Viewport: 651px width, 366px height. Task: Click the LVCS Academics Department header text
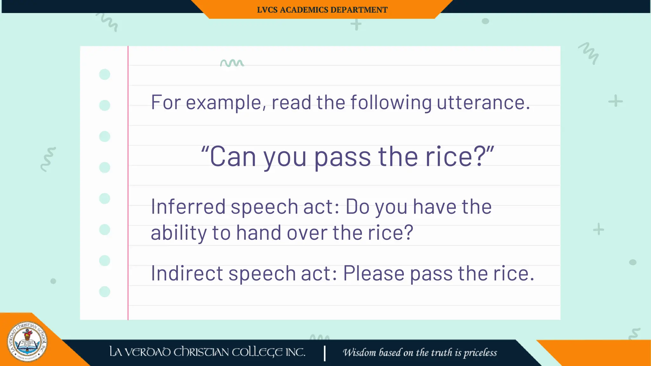(x=322, y=10)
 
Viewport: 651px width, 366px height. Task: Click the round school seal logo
(x=27, y=342)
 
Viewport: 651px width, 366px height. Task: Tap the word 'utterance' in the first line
(x=483, y=102)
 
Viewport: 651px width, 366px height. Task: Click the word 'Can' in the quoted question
(x=233, y=157)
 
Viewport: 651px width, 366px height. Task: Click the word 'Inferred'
(x=188, y=207)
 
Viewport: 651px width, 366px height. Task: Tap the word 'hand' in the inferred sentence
(x=259, y=232)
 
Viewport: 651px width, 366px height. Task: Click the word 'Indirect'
(x=187, y=273)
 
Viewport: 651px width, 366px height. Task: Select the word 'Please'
(x=374, y=274)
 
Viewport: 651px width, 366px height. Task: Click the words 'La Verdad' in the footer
(x=140, y=352)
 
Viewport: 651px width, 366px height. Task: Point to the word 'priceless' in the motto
(x=480, y=353)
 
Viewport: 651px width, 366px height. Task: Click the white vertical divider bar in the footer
(x=325, y=353)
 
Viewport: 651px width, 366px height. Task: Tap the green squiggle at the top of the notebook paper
(x=232, y=63)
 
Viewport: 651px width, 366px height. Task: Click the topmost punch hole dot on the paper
(x=105, y=74)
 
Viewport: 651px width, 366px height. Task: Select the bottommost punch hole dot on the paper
(x=105, y=292)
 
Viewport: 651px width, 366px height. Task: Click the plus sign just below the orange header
(x=356, y=24)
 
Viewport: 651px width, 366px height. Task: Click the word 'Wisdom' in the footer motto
(x=359, y=352)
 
